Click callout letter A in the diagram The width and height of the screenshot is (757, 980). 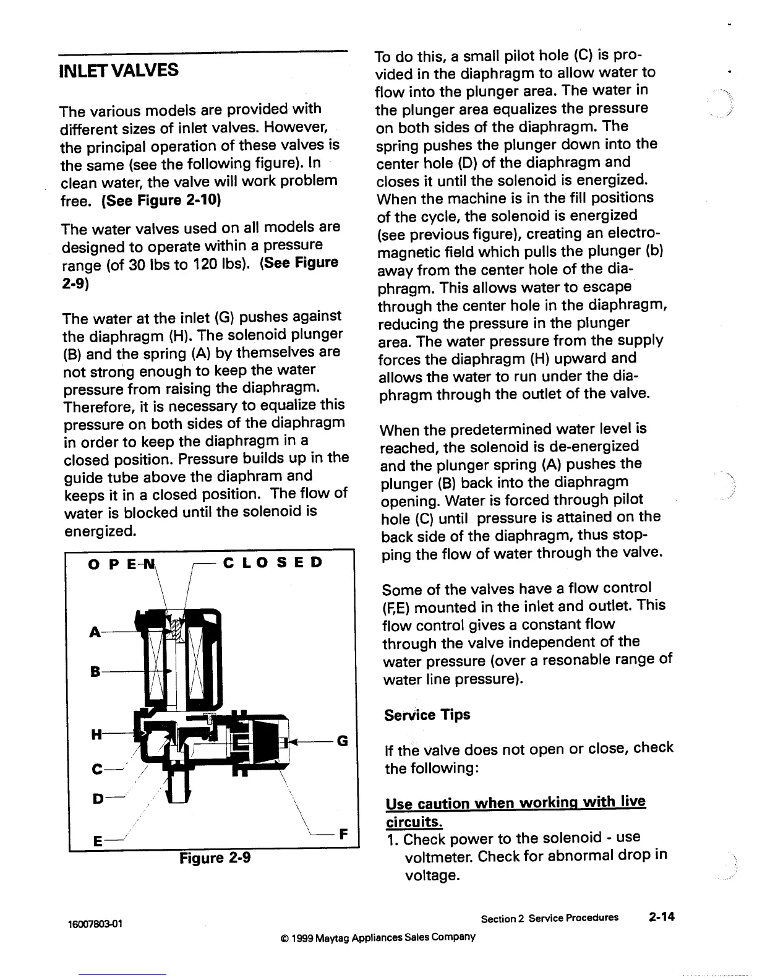95,632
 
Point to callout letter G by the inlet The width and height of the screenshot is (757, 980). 343,740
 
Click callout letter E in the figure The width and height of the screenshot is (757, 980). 97,841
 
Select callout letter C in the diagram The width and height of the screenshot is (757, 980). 96,770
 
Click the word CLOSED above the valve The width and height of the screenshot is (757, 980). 272,563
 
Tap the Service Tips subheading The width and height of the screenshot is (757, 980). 427,715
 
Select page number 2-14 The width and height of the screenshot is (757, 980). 661,917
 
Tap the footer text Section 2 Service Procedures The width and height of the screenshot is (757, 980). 549,918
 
